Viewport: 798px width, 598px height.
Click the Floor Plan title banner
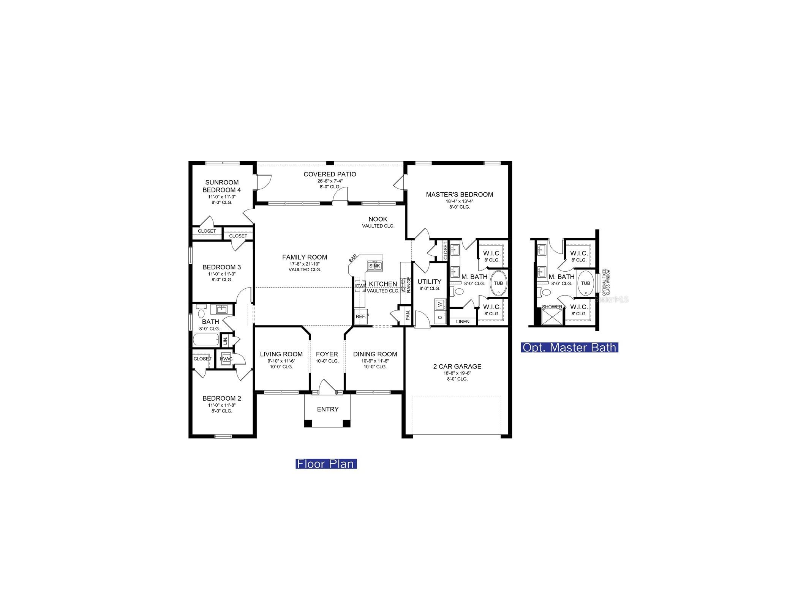[326, 464]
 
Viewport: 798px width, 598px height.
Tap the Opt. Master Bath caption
[569, 347]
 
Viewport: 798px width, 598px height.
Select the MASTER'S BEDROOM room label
[459, 195]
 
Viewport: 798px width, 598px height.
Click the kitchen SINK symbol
[375, 266]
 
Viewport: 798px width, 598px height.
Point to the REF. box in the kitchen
[360, 316]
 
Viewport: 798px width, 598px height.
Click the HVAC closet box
[226, 359]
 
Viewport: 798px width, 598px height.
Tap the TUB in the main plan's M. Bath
[498, 283]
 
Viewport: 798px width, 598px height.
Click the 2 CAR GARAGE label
[457, 367]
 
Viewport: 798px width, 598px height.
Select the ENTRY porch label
[327, 409]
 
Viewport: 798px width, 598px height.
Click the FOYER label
[327, 354]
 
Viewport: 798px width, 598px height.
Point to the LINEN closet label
[462, 322]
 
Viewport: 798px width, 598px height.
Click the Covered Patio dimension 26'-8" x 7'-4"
[330, 181]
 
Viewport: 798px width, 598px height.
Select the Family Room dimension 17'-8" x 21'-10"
[305, 264]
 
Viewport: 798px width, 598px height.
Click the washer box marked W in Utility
[440, 304]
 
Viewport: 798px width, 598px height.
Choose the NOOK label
[378, 219]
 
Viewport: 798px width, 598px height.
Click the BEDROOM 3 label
[221, 267]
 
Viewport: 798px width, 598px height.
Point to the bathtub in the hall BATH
[205, 339]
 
